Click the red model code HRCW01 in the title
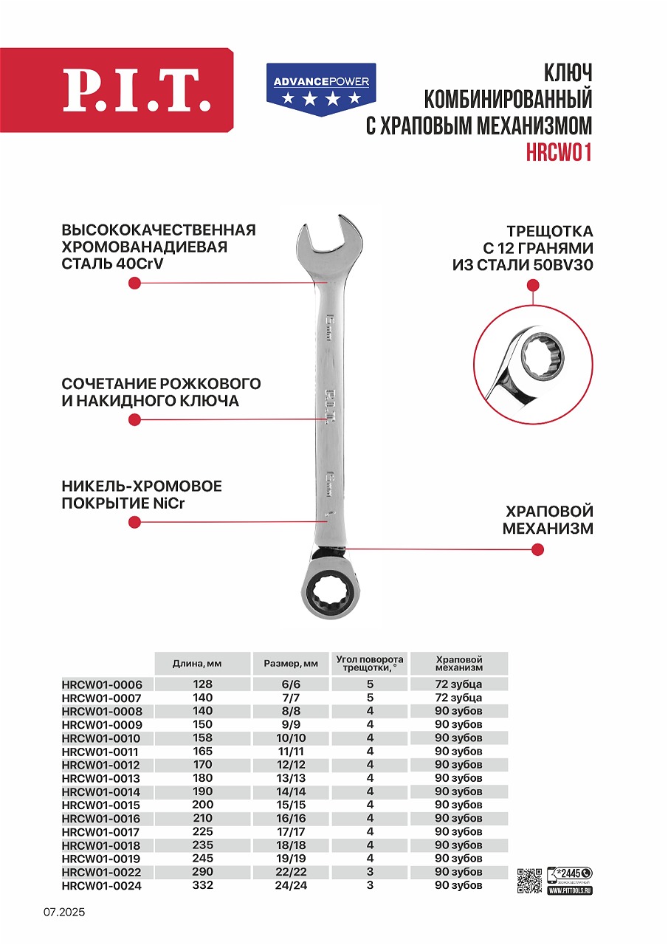point(559,151)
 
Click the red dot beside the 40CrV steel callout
point(134,283)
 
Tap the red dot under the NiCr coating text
point(134,522)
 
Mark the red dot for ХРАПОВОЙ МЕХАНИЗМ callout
point(538,549)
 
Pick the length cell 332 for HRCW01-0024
point(202,885)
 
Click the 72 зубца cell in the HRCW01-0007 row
point(458,698)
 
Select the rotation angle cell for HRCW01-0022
point(370,872)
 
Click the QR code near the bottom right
point(529,879)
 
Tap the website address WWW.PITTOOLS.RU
point(570,891)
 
